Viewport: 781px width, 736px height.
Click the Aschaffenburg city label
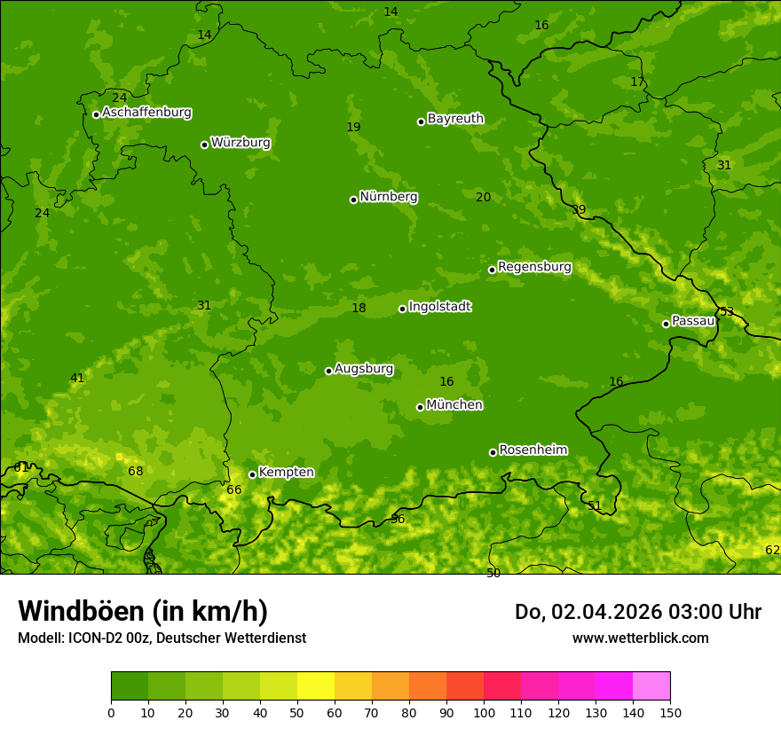[146, 113]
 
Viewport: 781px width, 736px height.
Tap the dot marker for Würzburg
[204, 145]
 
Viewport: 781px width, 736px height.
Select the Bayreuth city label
[455, 118]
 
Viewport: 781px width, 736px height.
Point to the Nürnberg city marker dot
[353, 200]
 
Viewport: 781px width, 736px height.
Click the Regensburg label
[534, 266]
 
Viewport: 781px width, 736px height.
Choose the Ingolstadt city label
[439, 306]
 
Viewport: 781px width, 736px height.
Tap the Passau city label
[693, 320]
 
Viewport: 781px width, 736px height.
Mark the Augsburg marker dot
[328, 371]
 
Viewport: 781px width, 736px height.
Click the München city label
[454, 404]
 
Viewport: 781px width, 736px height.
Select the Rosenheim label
[532, 450]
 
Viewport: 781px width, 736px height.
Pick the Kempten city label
[286, 472]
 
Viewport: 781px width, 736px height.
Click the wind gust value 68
[135, 471]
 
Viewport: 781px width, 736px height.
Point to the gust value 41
[77, 378]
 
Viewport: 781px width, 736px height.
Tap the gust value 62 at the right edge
[772, 550]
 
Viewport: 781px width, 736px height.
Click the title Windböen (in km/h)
[143, 611]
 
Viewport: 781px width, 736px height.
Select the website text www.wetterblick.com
[640, 638]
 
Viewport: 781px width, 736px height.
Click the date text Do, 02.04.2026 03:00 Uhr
[637, 612]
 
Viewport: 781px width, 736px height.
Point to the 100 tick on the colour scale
[484, 712]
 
